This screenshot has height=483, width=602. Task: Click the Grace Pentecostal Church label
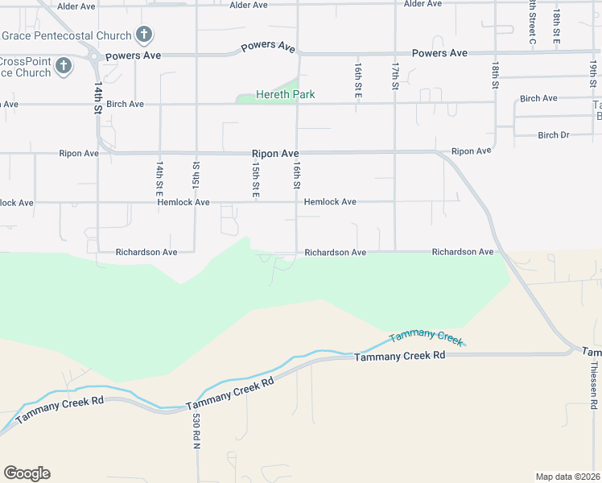click(x=66, y=35)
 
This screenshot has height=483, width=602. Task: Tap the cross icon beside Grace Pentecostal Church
click(x=144, y=35)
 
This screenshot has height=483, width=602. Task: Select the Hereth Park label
click(x=285, y=94)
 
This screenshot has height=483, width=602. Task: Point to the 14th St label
click(x=98, y=96)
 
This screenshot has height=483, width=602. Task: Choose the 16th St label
click(x=297, y=175)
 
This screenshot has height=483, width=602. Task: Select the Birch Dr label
click(x=554, y=135)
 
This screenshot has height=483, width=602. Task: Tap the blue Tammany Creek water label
click(x=427, y=337)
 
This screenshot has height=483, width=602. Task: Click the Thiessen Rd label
click(x=595, y=394)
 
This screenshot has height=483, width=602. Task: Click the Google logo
click(x=27, y=473)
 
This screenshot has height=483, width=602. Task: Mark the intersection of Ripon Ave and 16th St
click(x=299, y=151)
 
